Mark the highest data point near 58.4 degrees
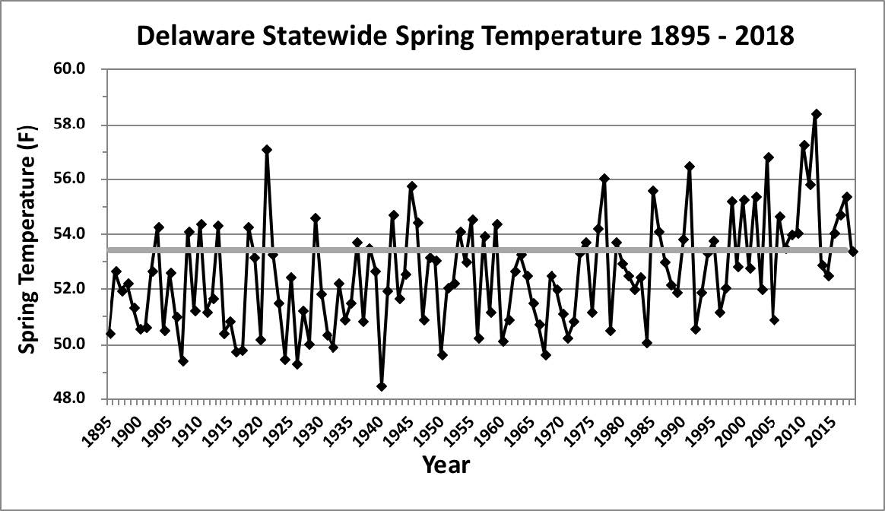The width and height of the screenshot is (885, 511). pyautogui.click(x=816, y=114)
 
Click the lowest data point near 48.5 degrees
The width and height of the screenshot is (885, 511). pyautogui.click(x=381, y=386)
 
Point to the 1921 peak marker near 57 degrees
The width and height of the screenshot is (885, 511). pyautogui.click(x=267, y=150)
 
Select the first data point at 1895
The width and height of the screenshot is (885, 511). pyautogui.click(x=110, y=333)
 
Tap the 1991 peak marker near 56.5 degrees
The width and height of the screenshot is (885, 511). pyautogui.click(x=689, y=167)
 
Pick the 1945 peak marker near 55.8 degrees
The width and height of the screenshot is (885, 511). pyautogui.click(x=411, y=186)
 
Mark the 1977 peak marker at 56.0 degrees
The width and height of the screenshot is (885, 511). pyautogui.click(x=604, y=179)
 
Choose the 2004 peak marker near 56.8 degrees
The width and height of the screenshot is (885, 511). pyautogui.click(x=768, y=157)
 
